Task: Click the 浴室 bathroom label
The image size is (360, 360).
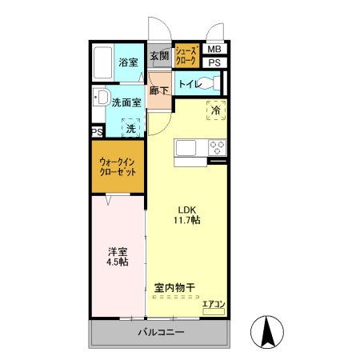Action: click(x=127, y=62)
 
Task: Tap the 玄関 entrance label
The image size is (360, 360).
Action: click(x=159, y=56)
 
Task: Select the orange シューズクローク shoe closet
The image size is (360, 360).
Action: click(x=186, y=55)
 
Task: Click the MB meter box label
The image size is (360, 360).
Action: click(x=214, y=49)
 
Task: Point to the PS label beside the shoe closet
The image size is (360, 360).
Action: click(x=214, y=63)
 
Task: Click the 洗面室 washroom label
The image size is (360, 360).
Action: click(x=126, y=102)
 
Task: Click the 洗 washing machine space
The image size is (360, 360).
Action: click(x=130, y=127)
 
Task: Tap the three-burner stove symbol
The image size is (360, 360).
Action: click(x=217, y=148)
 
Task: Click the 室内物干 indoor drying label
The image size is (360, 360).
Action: click(x=174, y=286)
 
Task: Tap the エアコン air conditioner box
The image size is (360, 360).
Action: click(x=214, y=304)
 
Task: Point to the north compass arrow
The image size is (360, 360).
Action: click(x=268, y=330)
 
